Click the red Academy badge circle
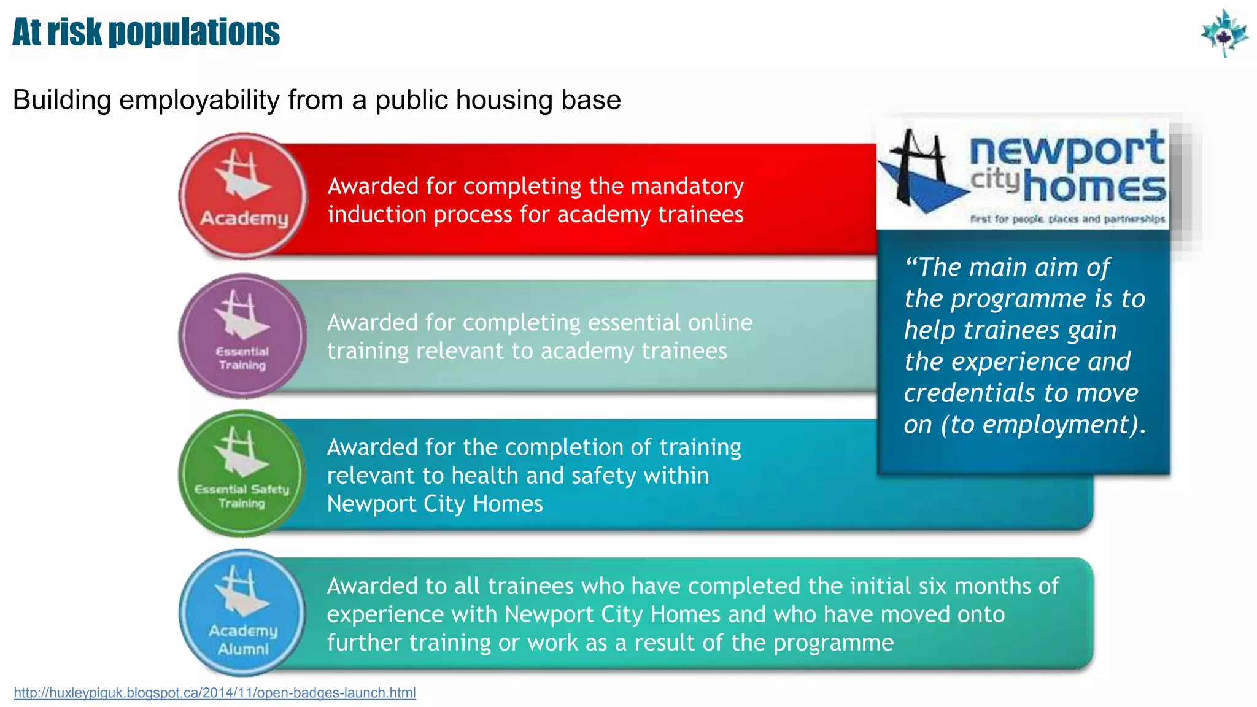pos(243,195)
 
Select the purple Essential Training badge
pos(243,336)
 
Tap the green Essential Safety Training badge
pos(242,473)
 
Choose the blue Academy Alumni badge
pos(242,612)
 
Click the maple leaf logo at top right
pos(1224,33)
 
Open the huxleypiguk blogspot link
pos(215,693)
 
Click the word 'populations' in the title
pos(194,33)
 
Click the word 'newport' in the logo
pos(1067,149)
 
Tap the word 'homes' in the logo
pos(1094,187)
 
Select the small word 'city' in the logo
pos(994,179)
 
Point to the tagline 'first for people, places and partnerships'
pos(1067,219)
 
